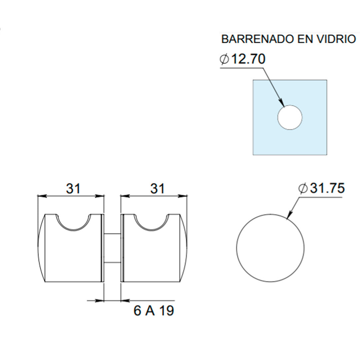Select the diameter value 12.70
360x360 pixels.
tap(248, 59)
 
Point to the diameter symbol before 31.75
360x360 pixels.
tap(303, 189)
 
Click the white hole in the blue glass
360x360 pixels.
tap(290, 117)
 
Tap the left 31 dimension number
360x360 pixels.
tap(73, 189)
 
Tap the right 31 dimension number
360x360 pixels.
tap(157, 189)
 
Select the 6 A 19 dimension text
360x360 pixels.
tap(154, 311)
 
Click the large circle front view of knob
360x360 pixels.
tap(270, 248)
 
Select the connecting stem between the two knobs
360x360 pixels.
tap(112, 248)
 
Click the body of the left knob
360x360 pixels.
tap(73, 257)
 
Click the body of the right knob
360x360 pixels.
tap(152, 257)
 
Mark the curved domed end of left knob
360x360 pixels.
tap(41, 248)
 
